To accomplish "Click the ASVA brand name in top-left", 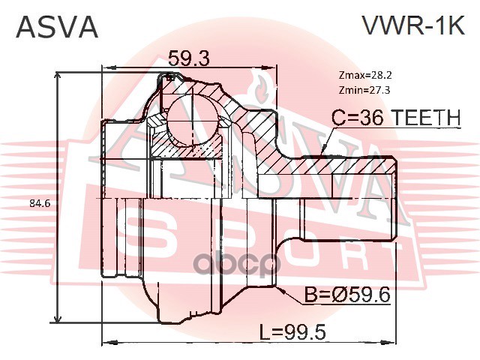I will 58,26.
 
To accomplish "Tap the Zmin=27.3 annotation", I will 364,90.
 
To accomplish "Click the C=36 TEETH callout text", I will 396,118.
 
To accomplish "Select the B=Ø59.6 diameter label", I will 345,295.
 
